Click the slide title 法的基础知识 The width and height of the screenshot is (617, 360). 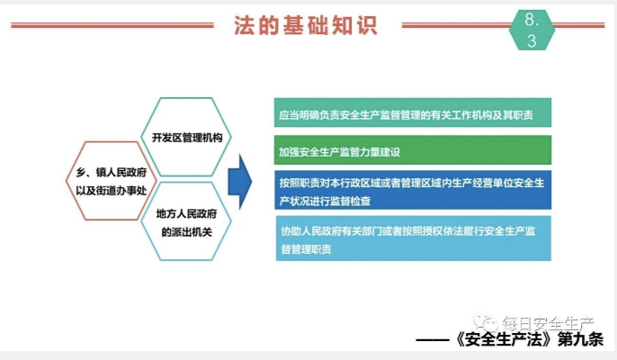click(306, 25)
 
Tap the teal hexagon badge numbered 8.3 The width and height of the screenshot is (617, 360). click(532, 30)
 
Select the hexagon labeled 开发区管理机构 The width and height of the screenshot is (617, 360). click(186, 137)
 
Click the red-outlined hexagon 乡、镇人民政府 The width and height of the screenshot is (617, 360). click(112, 181)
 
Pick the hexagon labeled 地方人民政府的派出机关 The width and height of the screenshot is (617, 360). click(186, 221)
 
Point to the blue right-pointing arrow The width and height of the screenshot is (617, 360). click(239, 182)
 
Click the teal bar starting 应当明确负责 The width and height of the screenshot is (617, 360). click(413, 112)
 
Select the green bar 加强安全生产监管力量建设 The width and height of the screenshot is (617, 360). click(413, 150)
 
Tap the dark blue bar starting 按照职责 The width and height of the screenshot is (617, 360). click(413, 190)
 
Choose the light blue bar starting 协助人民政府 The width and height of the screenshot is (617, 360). click(414, 238)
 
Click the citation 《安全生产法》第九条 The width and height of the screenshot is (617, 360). click(529, 339)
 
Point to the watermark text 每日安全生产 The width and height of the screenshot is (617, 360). click(548, 324)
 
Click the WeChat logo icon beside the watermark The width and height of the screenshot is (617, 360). click(485, 322)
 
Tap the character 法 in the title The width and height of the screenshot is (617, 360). click(243, 25)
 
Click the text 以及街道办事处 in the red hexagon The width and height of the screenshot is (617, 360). click(112, 191)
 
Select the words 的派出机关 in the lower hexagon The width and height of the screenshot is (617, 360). click(187, 232)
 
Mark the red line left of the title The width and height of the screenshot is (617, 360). click(112, 25)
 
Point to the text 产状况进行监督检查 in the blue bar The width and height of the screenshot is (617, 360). click(325, 202)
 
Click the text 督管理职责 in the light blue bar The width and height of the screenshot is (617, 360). click(306, 249)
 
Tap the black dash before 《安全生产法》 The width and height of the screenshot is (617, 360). click(432, 340)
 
